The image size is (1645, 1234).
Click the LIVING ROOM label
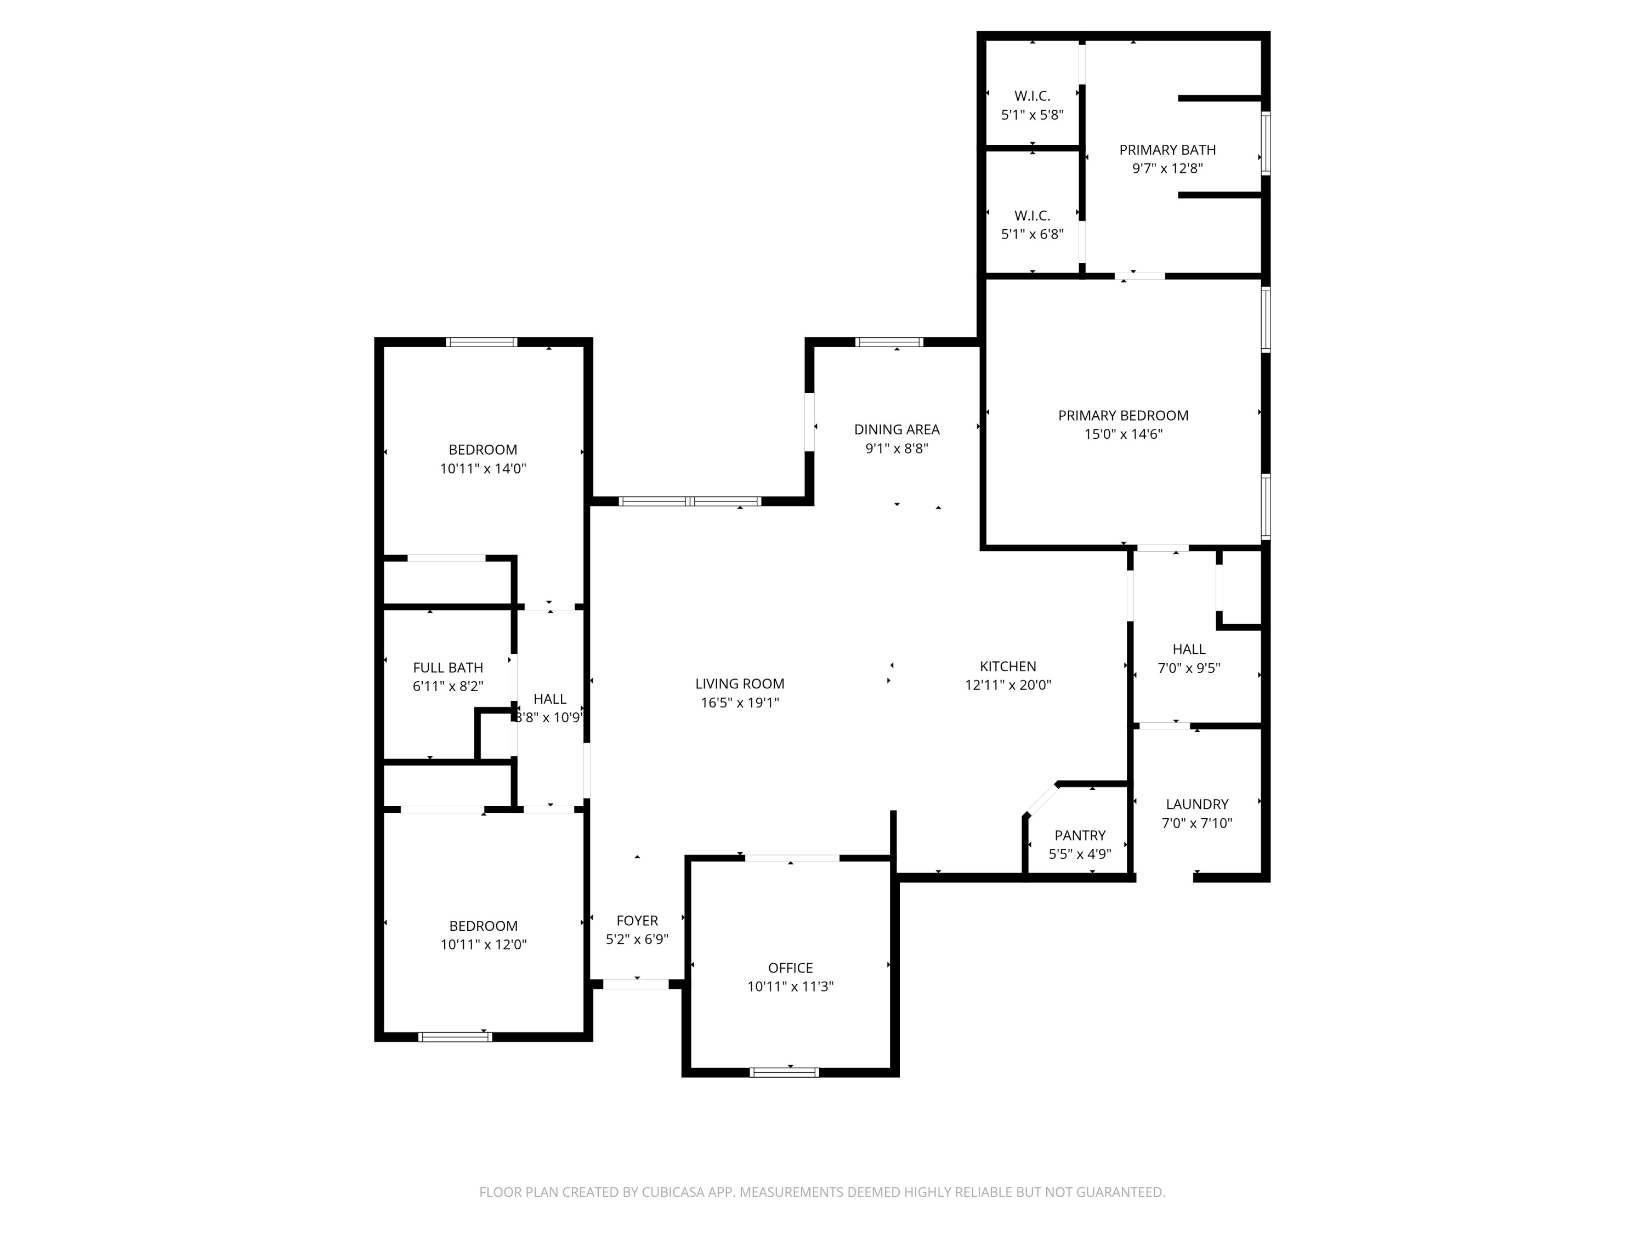(x=739, y=683)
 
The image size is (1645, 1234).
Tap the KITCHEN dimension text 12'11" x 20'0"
(x=1008, y=685)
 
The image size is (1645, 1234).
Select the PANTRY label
(x=1080, y=835)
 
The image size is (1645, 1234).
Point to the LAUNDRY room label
(x=1196, y=804)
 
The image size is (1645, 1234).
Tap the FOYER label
(x=637, y=920)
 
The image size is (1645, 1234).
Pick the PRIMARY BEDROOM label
(x=1123, y=416)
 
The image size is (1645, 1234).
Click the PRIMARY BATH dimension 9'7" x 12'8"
(x=1167, y=168)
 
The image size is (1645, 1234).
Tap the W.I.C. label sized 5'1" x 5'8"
(x=1032, y=96)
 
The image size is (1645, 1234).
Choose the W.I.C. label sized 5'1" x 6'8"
(x=1032, y=216)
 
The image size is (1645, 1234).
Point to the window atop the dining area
(x=889, y=342)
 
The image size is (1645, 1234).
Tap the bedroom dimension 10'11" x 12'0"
(x=484, y=944)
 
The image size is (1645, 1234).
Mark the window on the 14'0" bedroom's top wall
(x=481, y=342)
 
